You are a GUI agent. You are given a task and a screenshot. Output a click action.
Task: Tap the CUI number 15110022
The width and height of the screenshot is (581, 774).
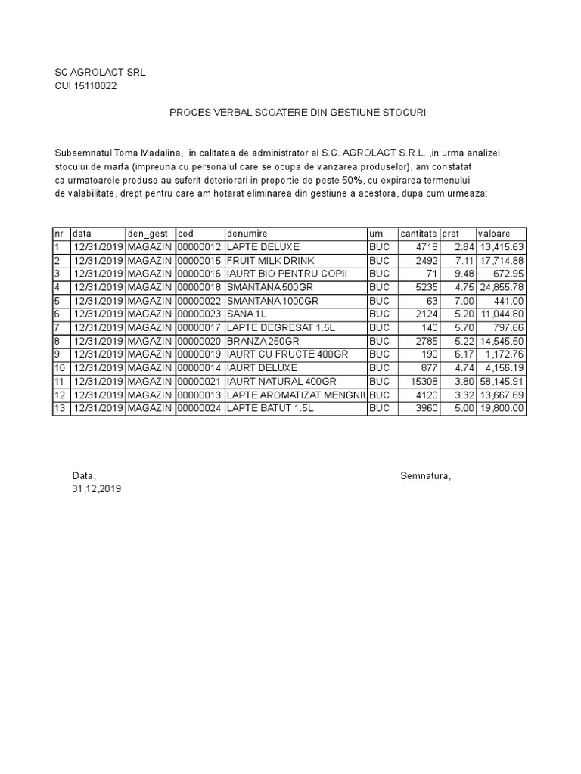[x=85, y=85]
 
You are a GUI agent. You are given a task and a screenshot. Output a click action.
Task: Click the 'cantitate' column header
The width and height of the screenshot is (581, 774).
[x=418, y=234]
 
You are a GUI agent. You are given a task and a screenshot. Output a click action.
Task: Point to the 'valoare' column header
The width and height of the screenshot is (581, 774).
[x=494, y=234]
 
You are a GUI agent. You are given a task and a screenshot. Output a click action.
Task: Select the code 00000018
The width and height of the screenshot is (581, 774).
[x=199, y=287]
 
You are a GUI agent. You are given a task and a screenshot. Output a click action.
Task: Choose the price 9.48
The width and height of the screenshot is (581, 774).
[x=464, y=274]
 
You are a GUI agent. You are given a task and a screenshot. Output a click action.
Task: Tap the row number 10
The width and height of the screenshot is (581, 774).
[x=59, y=368]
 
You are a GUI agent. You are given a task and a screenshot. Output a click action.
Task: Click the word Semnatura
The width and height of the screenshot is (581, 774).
[x=425, y=475]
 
